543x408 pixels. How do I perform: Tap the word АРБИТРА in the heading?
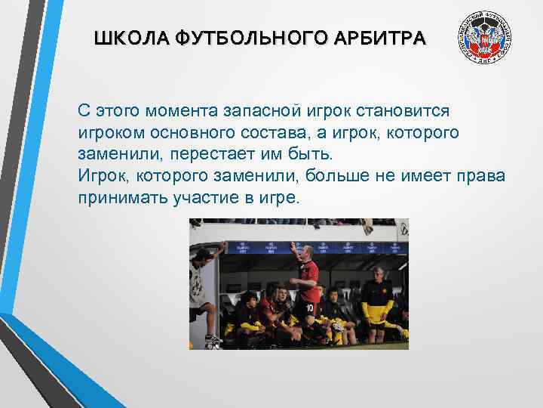[387, 38]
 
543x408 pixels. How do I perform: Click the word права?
[480, 177]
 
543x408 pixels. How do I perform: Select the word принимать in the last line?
[118, 198]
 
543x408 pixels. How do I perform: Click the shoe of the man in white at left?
[212, 337]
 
